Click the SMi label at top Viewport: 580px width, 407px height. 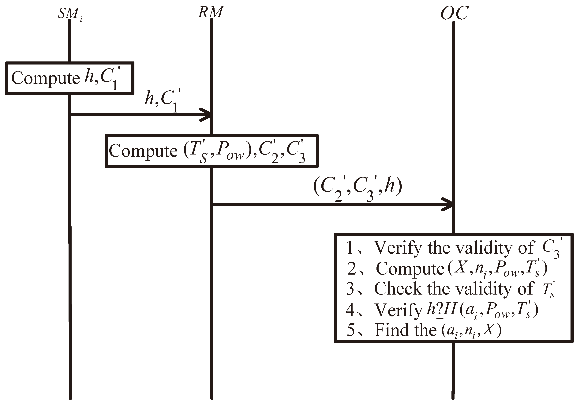click(x=69, y=14)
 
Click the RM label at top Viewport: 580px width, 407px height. click(x=210, y=12)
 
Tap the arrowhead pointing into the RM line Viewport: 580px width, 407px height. click(x=207, y=115)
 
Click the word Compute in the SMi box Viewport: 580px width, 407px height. click(x=46, y=78)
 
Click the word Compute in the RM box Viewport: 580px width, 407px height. click(x=143, y=151)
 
